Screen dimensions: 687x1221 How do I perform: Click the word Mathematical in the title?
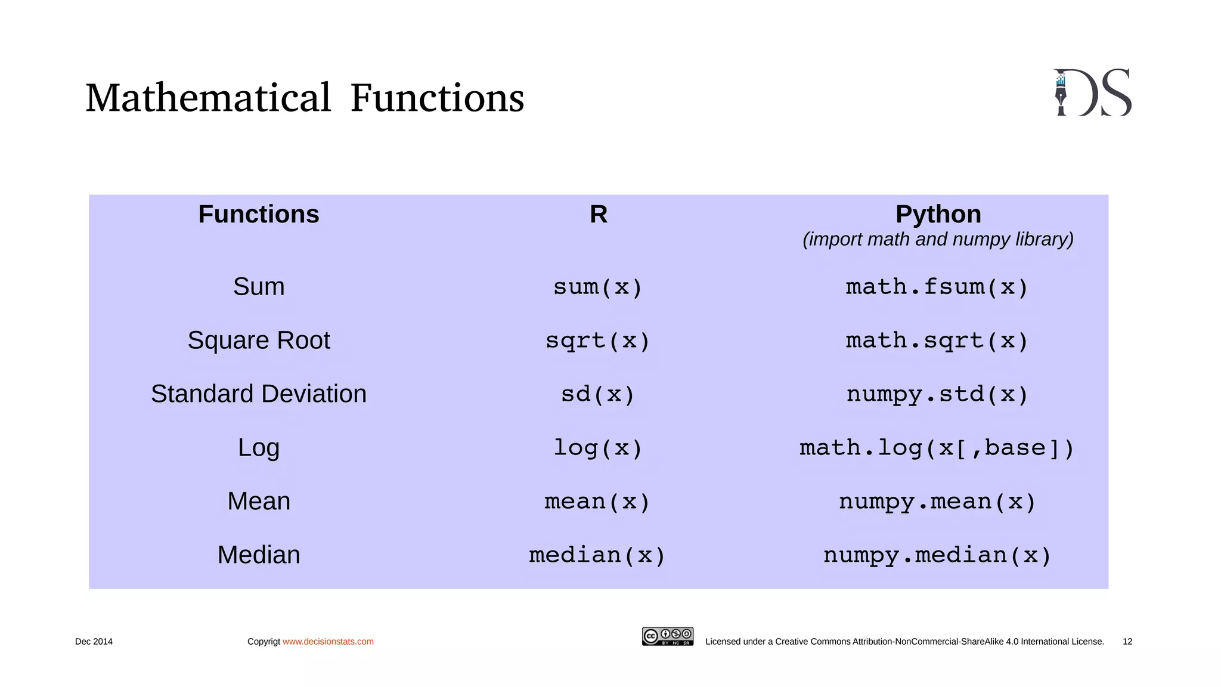click(208, 98)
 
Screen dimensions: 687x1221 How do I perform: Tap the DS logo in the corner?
click(1092, 92)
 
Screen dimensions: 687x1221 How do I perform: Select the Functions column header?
click(258, 214)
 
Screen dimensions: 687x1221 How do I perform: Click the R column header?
click(598, 214)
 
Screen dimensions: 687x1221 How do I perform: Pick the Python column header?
click(938, 214)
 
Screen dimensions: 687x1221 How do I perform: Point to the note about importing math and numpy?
click(938, 239)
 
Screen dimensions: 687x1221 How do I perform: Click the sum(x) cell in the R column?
click(598, 287)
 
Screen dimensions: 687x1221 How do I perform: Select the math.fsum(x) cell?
click(937, 287)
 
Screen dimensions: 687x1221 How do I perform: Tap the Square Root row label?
click(258, 341)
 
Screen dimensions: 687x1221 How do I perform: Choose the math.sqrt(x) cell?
click(937, 341)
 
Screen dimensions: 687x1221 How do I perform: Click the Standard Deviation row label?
click(258, 394)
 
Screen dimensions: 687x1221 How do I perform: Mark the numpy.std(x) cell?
click(937, 394)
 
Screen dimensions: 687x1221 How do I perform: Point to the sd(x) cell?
click(598, 394)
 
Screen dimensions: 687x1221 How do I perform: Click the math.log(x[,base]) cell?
click(937, 448)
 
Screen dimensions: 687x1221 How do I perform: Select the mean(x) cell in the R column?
click(598, 502)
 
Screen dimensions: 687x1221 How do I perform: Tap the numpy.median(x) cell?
click(937, 555)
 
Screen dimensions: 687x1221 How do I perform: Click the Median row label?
click(258, 555)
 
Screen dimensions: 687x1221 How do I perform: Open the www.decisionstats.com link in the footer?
click(328, 642)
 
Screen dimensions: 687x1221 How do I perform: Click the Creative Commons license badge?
click(667, 636)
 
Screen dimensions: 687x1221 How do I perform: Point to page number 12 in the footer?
click(1127, 642)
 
